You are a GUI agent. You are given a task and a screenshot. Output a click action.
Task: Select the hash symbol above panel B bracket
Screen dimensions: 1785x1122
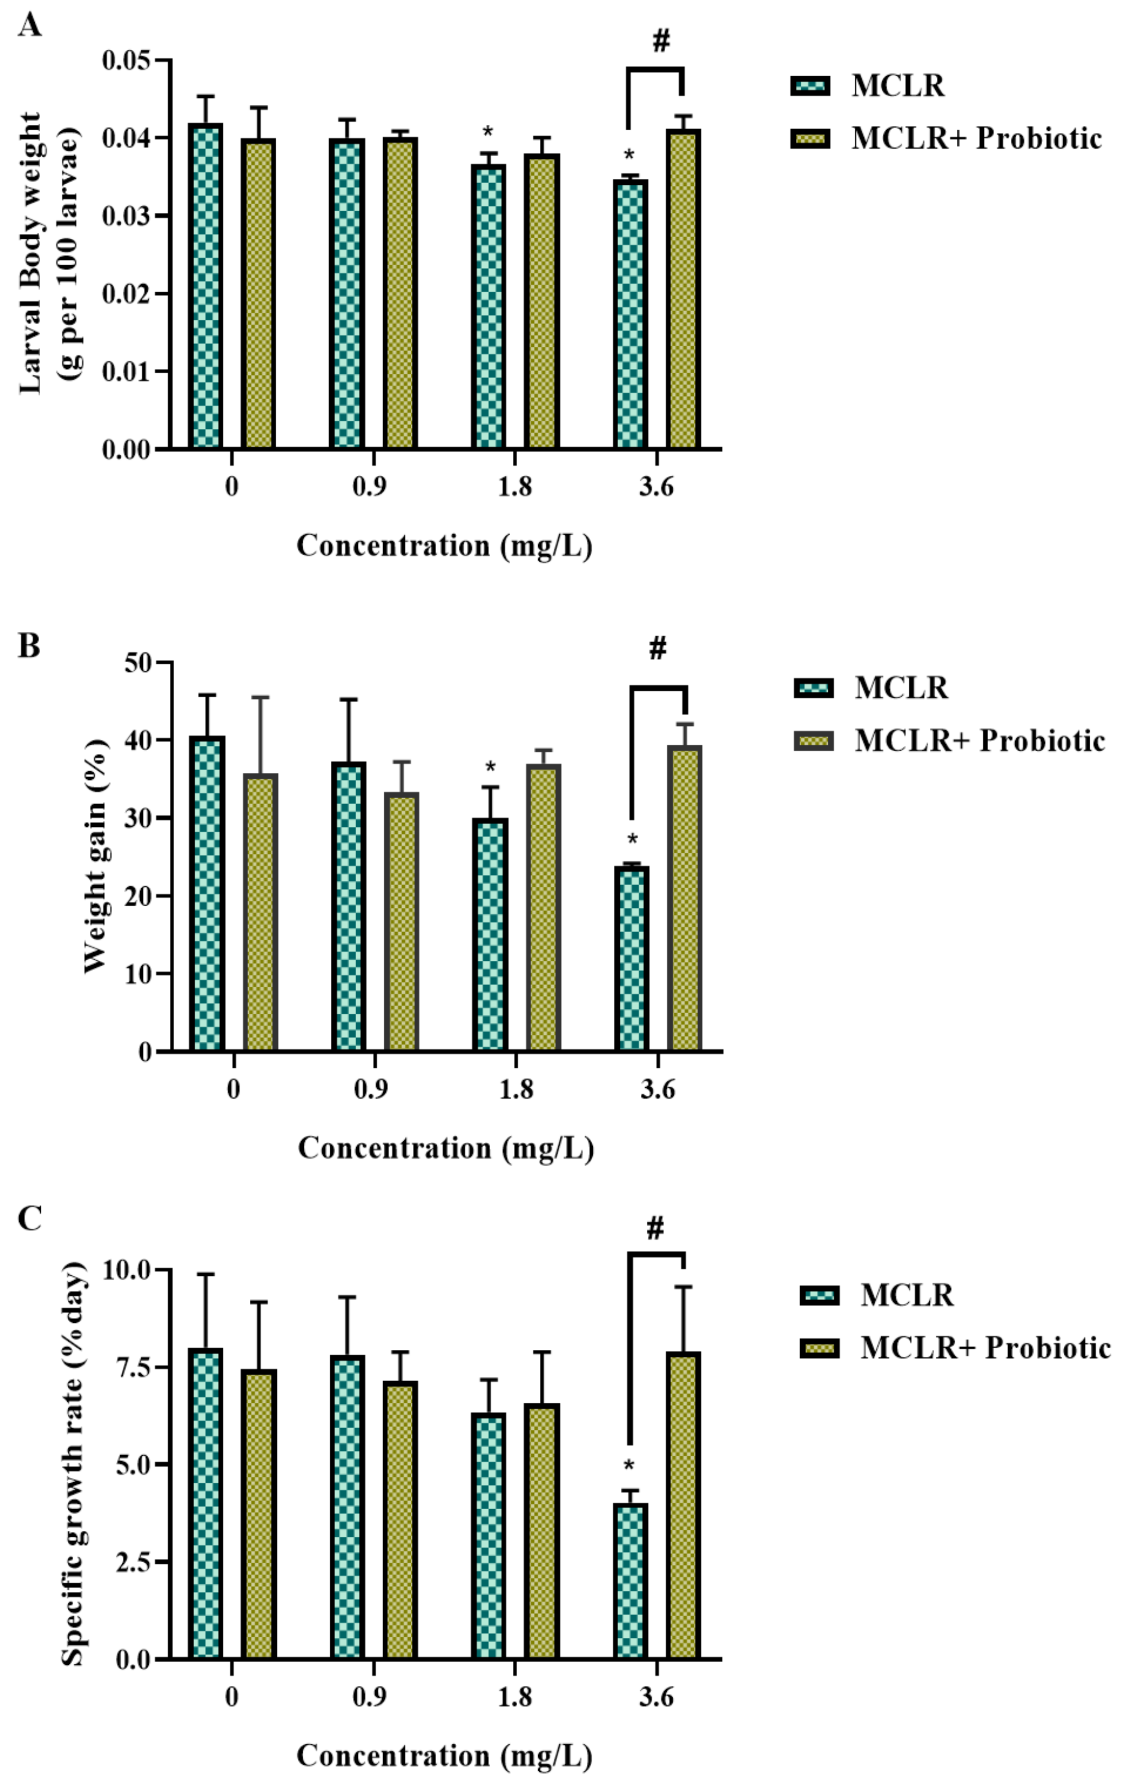point(657,648)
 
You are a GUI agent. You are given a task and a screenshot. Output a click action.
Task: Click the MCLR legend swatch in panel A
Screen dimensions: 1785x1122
point(810,86)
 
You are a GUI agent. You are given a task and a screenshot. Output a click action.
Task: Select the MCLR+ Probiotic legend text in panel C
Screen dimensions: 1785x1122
point(985,1348)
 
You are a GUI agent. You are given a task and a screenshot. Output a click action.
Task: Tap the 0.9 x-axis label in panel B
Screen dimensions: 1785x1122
point(370,1089)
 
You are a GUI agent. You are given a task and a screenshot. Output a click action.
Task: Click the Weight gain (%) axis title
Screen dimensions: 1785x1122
point(96,855)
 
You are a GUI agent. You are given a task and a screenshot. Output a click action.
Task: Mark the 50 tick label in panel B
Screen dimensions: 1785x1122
point(140,662)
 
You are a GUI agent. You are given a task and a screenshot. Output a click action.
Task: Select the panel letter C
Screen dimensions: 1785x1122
point(29,1219)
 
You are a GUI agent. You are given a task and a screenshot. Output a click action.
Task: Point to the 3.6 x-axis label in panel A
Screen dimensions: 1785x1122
point(657,487)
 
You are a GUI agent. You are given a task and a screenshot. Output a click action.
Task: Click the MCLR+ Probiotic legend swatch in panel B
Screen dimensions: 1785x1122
point(813,741)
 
